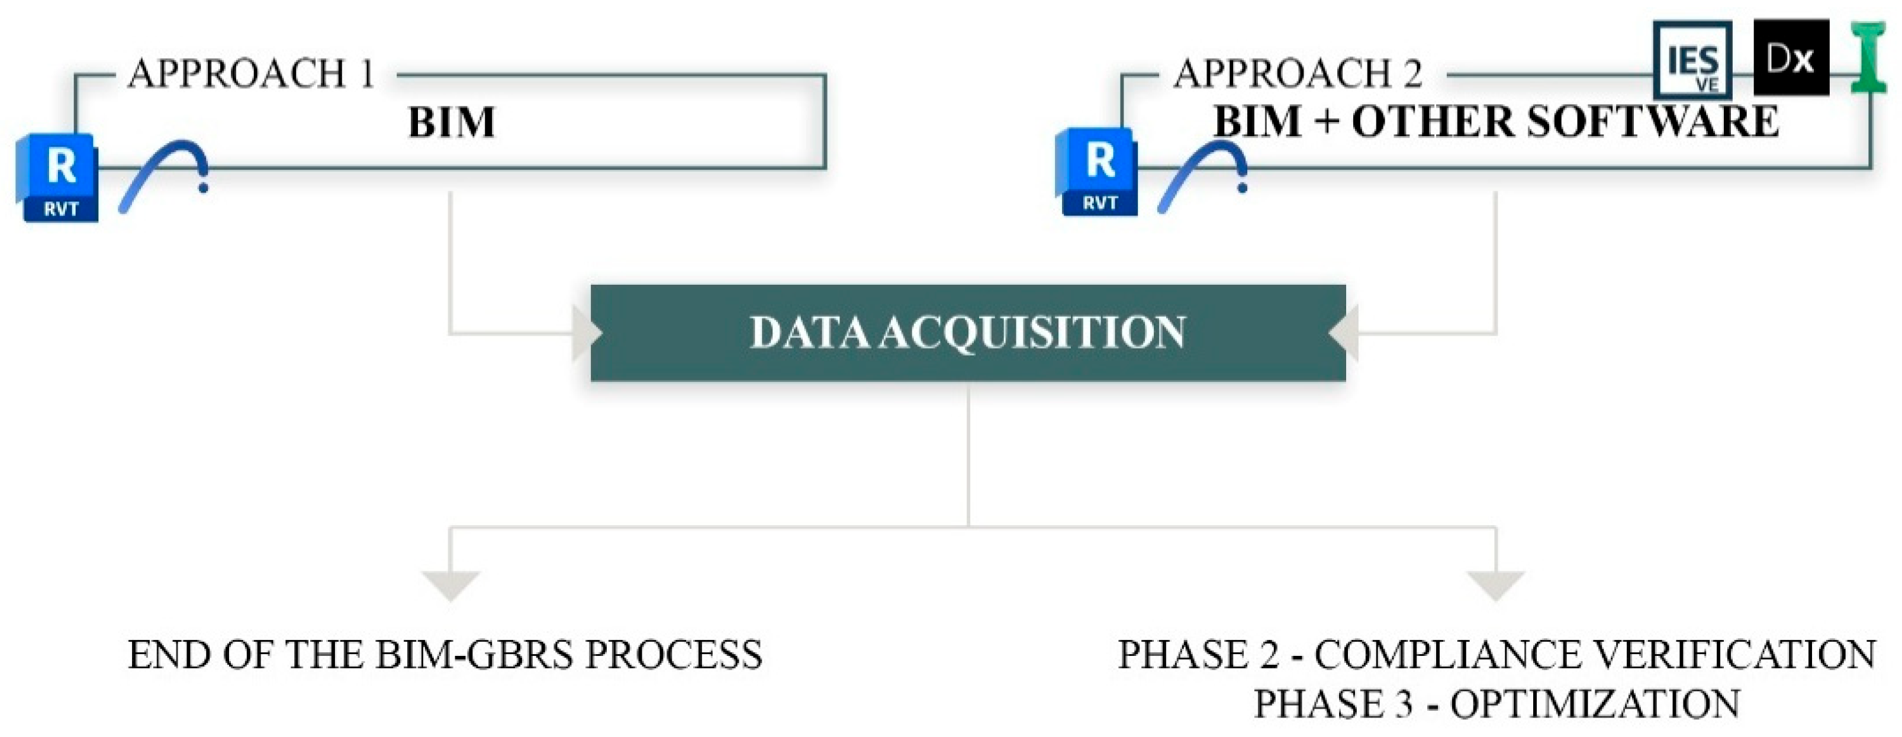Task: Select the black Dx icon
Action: tap(1791, 57)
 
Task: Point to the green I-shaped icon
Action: tap(1869, 57)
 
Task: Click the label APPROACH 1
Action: tap(252, 74)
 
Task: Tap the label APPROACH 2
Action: tap(1297, 74)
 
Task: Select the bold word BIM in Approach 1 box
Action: tap(451, 123)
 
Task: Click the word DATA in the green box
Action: tap(809, 332)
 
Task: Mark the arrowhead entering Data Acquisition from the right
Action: tap(1344, 334)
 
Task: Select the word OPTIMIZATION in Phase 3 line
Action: tap(1595, 704)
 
